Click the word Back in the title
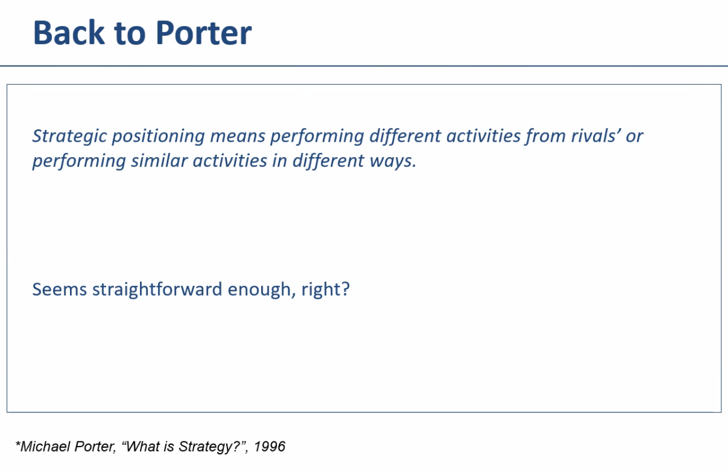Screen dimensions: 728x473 pos(69,33)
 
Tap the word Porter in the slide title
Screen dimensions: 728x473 pos(204,33)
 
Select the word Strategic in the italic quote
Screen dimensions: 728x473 pos(69,136)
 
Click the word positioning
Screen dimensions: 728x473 pos(159,136)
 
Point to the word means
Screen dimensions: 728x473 pos(238,136)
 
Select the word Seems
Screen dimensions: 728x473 pos(59,289)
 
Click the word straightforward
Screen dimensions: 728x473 pos(157,289)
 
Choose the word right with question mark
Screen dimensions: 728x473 pos(325,289)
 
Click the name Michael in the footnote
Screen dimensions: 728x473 pos(45,446)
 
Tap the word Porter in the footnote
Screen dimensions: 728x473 pos(95,446)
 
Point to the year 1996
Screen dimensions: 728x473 pos(269,446)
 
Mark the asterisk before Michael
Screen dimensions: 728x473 pos(17,444)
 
